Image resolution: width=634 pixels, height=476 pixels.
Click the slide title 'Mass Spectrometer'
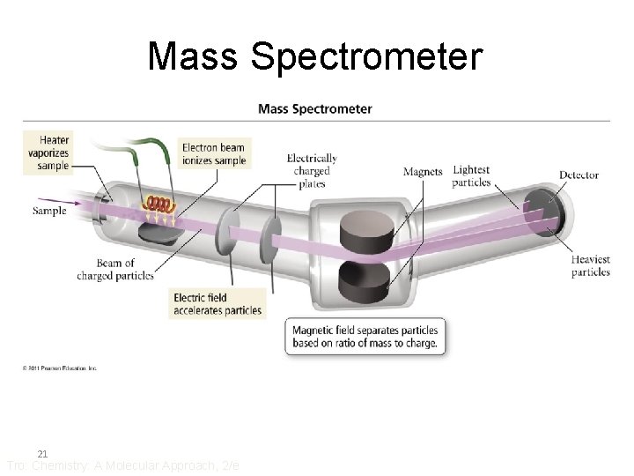[x=315, y=56]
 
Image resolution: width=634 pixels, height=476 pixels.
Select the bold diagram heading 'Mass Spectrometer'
[x=314, y=109]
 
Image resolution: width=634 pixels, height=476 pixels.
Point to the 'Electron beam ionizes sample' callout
[x=212, y=153]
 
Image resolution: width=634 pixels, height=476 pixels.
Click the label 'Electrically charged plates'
[x=312, y=171]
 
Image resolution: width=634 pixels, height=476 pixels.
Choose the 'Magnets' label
[x=423, y=172]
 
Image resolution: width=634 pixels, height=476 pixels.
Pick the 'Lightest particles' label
[x=471, y=176]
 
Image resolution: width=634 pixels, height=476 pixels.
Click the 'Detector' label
[x=579, y=175]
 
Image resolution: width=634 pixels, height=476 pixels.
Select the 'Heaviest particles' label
[x=590, y=265]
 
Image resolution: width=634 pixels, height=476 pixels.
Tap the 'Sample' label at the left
[x=49, y=211]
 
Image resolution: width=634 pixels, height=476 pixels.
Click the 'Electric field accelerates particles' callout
[x=217, y=304]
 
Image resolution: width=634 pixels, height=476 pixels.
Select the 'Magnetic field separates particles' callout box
[x=365, y=337]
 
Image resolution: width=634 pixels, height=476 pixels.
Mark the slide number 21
[x=41, y=453]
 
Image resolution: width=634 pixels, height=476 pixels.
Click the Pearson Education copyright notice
[x=60, y=368]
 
